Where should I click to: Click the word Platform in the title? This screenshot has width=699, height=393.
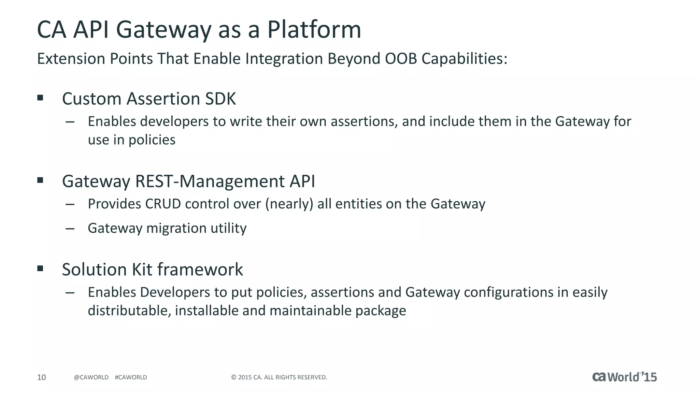click(x=314, y=30)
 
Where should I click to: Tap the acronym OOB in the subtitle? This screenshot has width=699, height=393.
click(x=401, y=59)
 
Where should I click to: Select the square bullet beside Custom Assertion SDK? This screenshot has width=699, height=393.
click(x=40, y=98)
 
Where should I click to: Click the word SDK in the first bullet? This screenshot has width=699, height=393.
click(x=220, y=99)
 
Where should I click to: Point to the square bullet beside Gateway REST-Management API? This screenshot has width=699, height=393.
click(x=40, y=180)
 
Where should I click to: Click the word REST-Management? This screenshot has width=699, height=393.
click(x=210, y=181)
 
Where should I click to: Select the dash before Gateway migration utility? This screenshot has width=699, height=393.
click(x=70, y=229)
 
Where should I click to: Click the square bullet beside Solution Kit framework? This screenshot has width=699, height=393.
click(x=40, y=268)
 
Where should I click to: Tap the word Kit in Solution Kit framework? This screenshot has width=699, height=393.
click(x=142, y=270)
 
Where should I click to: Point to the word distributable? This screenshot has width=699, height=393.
click(x=129, y=311)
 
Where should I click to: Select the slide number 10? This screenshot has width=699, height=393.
click(x=41, y=377)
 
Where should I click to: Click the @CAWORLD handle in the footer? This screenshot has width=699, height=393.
click(x=91, y=377)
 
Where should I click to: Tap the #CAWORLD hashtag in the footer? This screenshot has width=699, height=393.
click(x=131, y=377)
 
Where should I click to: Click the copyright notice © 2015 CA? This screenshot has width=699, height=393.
click(x=279, y=377)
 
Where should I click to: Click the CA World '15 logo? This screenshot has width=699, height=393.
click(x=624, y=377)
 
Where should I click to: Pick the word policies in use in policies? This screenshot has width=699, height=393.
click(x=152, y=140)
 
